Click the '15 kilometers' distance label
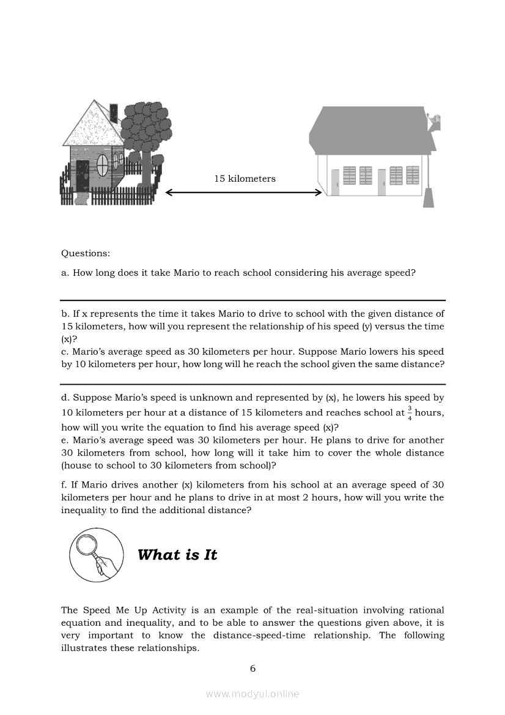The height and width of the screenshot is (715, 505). [245, 179]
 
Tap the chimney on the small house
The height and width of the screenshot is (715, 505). [113, 113]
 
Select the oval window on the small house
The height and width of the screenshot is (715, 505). [103, 163]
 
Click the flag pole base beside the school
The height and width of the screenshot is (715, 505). [429, 198]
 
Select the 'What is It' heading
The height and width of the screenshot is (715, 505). [177, 555]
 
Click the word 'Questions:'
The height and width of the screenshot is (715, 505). [86, 253]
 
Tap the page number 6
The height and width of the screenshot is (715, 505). [253, 669]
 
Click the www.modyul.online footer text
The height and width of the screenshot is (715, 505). [253, 694]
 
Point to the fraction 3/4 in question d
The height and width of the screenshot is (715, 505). [410, 413]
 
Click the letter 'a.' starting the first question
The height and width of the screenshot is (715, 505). [65, 273]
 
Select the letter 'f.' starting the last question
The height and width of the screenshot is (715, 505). [65, 485]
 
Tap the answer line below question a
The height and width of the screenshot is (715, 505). [253, 300]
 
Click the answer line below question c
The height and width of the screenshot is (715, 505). [253, 385]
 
